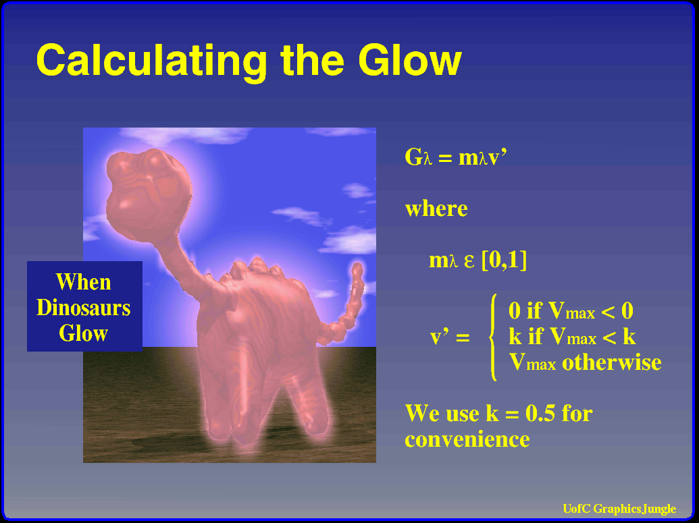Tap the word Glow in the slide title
(410, 59)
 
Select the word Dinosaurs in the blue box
(83, 307)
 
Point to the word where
(436, 209)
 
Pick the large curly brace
(492, 337)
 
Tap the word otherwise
(612, 362)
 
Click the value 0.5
(540, 413)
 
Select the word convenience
(467, 439)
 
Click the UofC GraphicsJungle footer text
(619, 509)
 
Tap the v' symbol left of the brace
(450, 337)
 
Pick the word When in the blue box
(83, 281)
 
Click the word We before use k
(423, 413)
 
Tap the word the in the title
(313, 60)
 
